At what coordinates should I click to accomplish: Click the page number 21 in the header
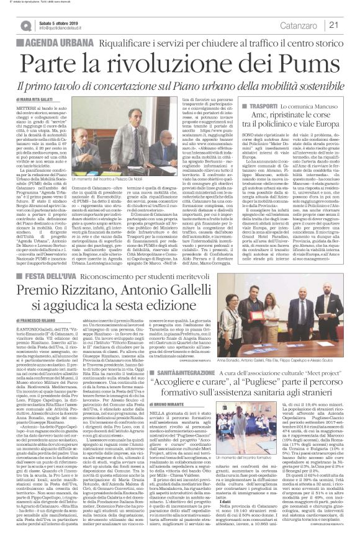point(350,25)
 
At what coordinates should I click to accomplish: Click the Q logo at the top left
point(25,25)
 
